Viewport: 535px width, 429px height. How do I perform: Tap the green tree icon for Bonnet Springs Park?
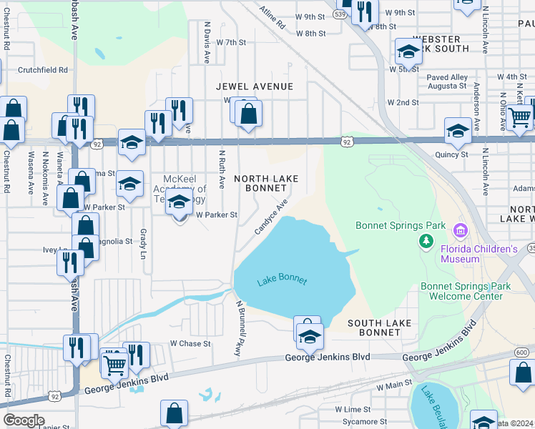426,241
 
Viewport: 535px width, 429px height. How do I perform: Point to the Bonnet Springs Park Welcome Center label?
466,291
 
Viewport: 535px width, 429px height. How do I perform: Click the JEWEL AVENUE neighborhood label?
255,87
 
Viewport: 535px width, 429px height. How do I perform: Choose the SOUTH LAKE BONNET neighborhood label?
379,328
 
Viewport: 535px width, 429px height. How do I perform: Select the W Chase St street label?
190,343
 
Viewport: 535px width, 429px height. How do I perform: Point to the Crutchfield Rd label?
43,70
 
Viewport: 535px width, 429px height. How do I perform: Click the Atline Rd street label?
273,19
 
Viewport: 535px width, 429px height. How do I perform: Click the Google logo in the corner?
23,420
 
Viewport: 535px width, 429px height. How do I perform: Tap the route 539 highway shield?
342,14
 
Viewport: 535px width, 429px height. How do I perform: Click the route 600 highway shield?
522,352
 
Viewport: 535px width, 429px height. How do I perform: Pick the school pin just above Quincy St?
458,131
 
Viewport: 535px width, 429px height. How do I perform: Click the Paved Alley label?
447,77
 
